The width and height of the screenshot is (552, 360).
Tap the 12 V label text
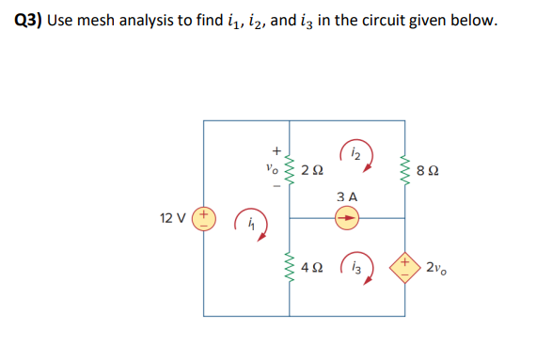(x=174, y=218)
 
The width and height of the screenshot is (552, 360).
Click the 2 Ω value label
(x=315, y=171)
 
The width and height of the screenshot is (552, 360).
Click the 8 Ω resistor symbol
(x=405, y=170)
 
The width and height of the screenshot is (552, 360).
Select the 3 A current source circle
(x=347, y=218)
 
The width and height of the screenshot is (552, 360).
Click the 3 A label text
(x=347, y=196)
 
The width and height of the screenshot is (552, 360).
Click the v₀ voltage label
(x=272, y=170)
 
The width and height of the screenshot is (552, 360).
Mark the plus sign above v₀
(x=276, y=149)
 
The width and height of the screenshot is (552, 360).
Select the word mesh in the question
(x=101, y=21)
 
